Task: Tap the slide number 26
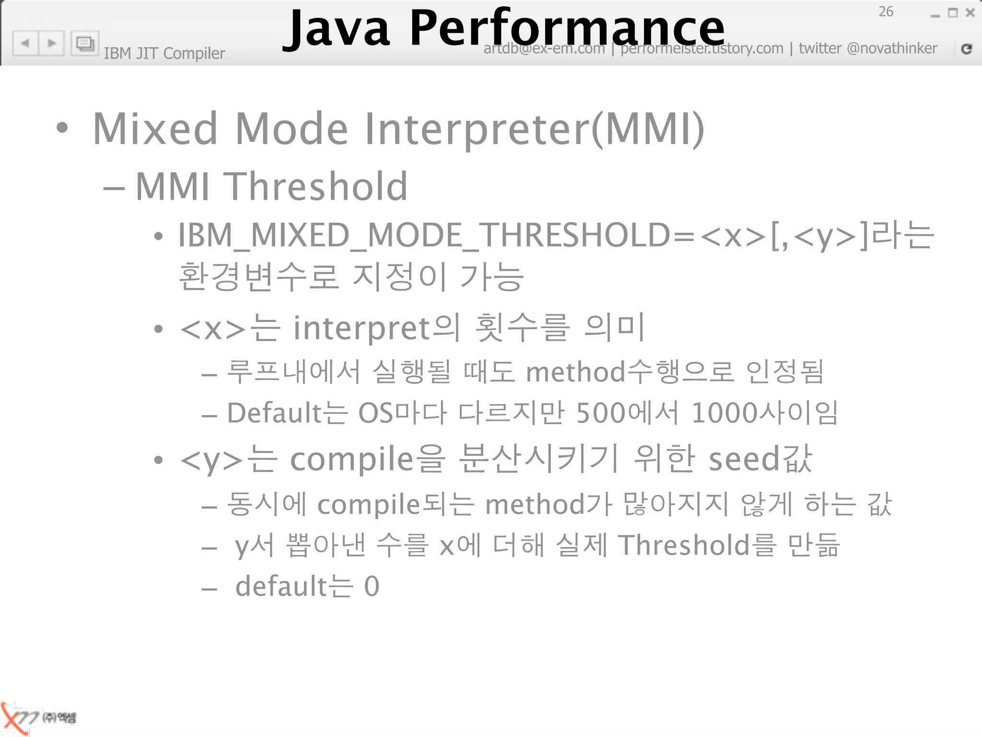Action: click(886, 12)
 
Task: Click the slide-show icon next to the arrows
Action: click(85, 44)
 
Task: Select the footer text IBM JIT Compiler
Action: click(164, 53)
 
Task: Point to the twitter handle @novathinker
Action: click(891, 48)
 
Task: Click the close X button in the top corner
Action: click(970, 13)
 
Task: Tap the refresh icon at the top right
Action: click(967, 48)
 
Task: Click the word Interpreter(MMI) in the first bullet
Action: click(534, 129)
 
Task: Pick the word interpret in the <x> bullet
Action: click(362, 328)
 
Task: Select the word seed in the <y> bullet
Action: click(744, 459)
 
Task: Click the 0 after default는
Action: click(372, 586)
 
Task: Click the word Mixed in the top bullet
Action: click(155, 129)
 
